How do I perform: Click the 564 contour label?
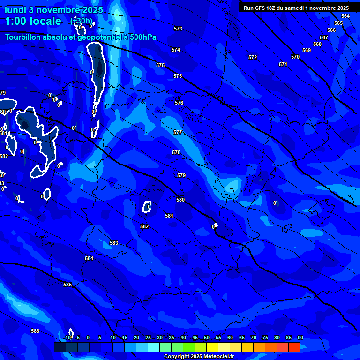pos(345,16)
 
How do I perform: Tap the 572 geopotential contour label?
pos(253,57)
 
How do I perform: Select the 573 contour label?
pos(178,29)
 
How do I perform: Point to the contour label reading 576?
pos(179,103)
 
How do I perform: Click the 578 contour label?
pos(176,152)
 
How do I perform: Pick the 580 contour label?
pos(180,200)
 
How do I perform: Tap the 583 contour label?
pos(114,243)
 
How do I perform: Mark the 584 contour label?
pos(89,258)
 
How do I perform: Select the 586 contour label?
pos(35,331)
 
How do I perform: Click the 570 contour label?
pos(295,57)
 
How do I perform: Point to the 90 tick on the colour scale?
pos(300,337)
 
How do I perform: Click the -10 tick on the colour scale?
pos(67,337)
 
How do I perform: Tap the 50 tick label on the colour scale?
pos(207,337)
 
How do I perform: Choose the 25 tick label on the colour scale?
pos(148,337)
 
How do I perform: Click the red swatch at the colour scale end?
pos(294,347)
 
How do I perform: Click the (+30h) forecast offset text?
pos(82,21)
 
